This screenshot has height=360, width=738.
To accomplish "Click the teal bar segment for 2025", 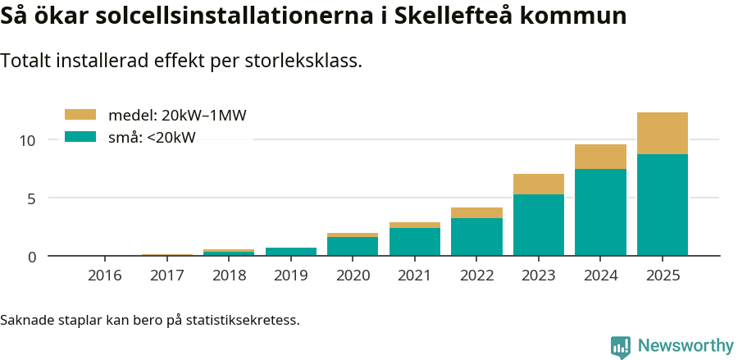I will pyautogui.click(x=662, y=205).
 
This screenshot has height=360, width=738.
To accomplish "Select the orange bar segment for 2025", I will pyautogui.click(x=662, y=133).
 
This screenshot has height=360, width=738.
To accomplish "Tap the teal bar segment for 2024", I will pyautogui.click(x=600, y=212).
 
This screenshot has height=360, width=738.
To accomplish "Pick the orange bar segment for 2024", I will pyautogui.click(x=600, y=157).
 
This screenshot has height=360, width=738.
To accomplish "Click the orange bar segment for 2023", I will pyautogui.click(x=538, y=184).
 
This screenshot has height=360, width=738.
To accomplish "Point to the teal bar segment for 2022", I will pyautogui.click(x=476, y=237).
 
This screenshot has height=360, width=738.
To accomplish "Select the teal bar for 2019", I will pyautogui.click(x=290, y=252).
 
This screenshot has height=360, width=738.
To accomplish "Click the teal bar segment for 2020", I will pyautogui.click(x=353, y=246).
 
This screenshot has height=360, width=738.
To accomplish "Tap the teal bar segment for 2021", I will pyautogui.click(x=414, y=242).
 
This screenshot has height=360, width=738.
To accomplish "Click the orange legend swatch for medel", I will pyautogui.click(x=80, y=115).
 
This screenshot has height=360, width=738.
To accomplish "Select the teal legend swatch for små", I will pyautogui.click(x=80, y=137).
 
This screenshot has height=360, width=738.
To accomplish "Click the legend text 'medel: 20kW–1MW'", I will pyautogui.click(x=177, y=116).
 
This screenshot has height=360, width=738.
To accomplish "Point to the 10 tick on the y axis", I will pyautogui.click(x=29, y=140).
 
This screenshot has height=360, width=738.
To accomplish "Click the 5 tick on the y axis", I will pyautogui.click(x=32, y=198).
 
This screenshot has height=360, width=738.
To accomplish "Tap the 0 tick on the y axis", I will pyautogui.click(x=32, y=257).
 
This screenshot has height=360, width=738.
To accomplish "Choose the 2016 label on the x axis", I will pyautogui.click(x=104, y=276).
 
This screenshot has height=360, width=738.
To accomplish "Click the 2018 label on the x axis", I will pyautogui.click(x=229, y=276).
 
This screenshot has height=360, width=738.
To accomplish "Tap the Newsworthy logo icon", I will pyautogui.click(x=621, y=347).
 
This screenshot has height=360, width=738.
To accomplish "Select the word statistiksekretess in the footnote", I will pyautogui.click(x=243, y=319).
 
